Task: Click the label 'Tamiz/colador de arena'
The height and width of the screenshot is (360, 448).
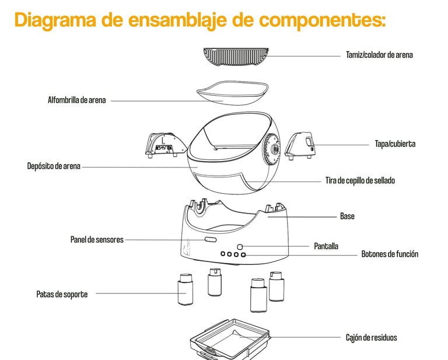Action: [x=379, y=55]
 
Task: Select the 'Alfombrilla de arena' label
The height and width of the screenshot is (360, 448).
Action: [x=76, y=100]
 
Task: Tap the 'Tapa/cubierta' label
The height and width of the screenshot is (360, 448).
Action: [x=395, y=144]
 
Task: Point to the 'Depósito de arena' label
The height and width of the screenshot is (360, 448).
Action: [x=54, y=166]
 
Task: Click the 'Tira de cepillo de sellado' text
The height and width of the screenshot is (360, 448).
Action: [x=360, y=180]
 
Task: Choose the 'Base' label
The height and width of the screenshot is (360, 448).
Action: [x=347, y=216]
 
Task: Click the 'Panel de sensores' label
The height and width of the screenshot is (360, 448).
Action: [x=97, y=239]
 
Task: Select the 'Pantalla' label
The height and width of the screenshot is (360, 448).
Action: [x=326, y=246]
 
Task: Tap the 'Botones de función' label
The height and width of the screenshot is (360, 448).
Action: [x=390, y=254]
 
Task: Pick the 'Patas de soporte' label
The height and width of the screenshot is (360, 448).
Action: [x=62, y=294]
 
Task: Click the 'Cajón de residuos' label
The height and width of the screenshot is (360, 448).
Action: [x=372, y=337]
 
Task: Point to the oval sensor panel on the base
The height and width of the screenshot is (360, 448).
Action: [x=209, y=240]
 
